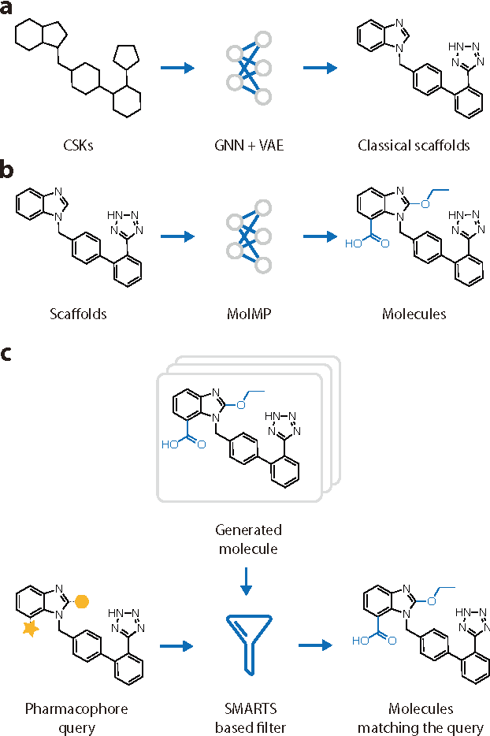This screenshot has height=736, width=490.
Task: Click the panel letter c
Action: (7, 354)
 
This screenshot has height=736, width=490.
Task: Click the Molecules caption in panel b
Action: (414, 314)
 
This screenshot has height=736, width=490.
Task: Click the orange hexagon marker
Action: (82, 600)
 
